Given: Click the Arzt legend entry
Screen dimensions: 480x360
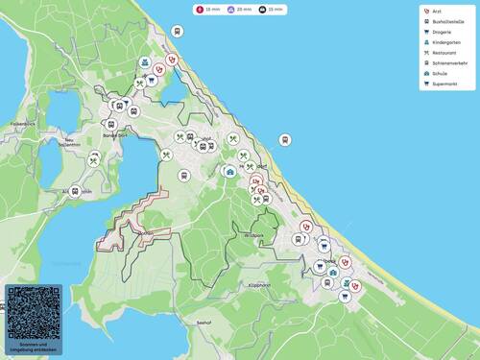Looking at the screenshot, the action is click(x=437, y=11).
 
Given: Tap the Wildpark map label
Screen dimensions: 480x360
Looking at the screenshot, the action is click(x=253, y=235).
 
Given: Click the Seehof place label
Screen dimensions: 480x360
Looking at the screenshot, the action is click(x=203, y=323).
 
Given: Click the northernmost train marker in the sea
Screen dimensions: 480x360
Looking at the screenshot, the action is click(x=178, y=31).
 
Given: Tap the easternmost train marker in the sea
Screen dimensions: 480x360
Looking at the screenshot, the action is click(x=284, y=140).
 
